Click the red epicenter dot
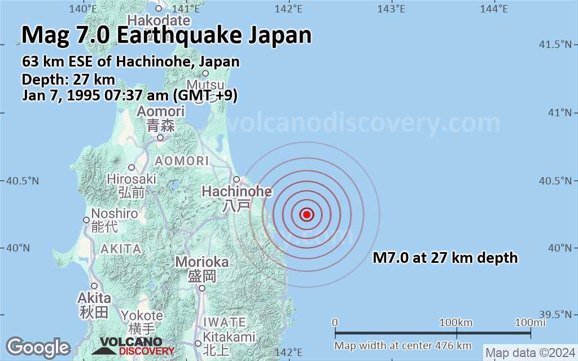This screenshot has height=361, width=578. [306, 214]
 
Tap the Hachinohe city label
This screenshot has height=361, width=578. [237, 192]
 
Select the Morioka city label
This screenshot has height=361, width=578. [202, 262]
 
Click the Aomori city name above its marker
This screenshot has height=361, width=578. [161, 112]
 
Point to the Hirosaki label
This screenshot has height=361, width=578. [132, 179]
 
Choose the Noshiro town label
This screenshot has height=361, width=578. [115, 214]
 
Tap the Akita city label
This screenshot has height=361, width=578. [94, 297]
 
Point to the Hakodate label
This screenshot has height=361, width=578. [159, 20]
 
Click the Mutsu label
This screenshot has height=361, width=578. [205, 85]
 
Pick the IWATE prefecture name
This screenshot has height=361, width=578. [225, 322]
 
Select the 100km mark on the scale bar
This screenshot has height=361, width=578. [456, 322]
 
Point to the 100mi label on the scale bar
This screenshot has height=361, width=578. [530, 322]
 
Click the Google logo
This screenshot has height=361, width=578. [38, 346]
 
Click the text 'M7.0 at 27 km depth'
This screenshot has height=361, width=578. [445, 258]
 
